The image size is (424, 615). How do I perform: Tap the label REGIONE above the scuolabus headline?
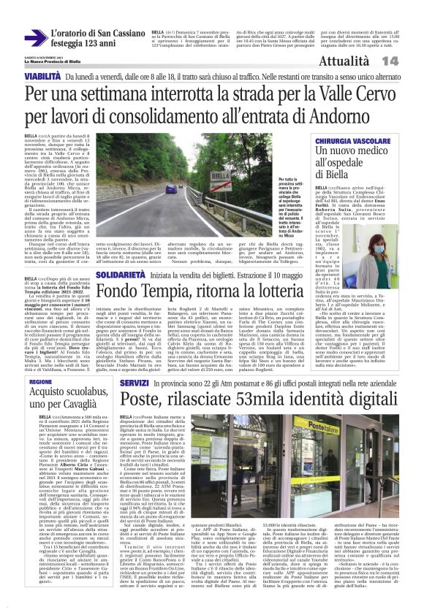coord(41,382)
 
